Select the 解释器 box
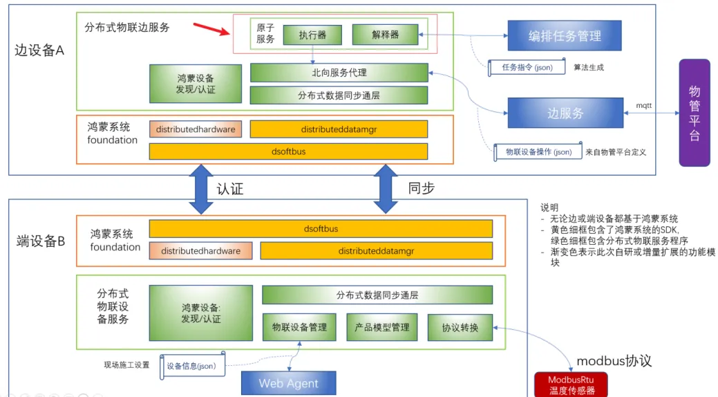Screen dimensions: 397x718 (385, 34)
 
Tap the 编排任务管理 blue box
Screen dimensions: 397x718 (565, 36)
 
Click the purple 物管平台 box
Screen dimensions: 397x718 (695, 113)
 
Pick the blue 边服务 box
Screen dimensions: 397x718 (565, 113)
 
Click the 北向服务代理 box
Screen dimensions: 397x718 (339, 73)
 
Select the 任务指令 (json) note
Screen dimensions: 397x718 (525, 68)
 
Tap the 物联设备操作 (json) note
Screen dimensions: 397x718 (536, 151)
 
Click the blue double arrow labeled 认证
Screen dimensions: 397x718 (200, 188)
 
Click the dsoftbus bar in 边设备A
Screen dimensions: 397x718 (288, 150)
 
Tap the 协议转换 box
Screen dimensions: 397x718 (460, 327)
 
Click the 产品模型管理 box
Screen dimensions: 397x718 (381, 327)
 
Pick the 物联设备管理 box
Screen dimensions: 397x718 (299, 327)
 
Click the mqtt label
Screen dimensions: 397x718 (644, 105)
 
